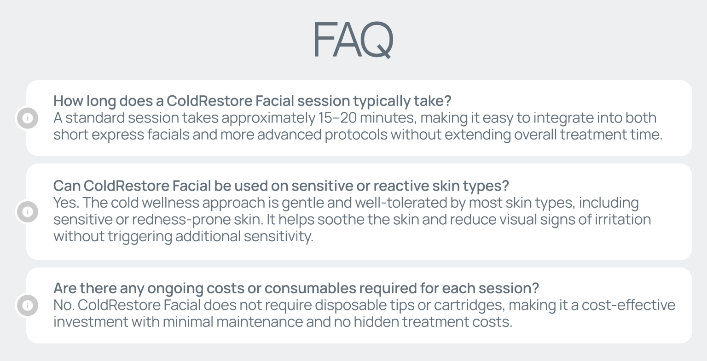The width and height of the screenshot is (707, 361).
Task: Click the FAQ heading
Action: (353, 40)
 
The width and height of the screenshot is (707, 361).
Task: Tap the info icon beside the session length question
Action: (28, 118)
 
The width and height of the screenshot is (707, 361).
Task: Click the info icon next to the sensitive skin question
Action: (28, 212)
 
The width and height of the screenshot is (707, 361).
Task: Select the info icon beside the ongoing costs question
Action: (28, 305)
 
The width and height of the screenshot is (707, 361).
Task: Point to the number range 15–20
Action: (337, 118)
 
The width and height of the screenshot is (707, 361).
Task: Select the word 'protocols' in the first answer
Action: (356, 135)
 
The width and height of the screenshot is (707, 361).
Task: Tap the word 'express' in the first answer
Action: (118, 135)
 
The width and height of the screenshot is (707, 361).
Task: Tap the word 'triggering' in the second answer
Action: (140, 237)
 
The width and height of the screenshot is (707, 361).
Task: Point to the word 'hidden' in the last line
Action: (376, 322)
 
